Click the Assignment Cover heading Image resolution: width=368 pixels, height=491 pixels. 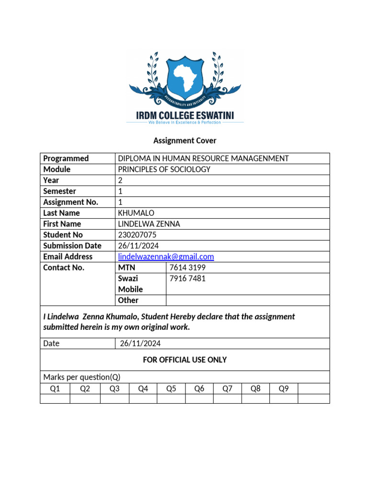point(184,140)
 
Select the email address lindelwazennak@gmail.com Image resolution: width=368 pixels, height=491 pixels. point(166,257)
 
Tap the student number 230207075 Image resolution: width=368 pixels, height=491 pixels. point(137,234)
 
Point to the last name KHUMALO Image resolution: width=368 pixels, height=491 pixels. point(136,213)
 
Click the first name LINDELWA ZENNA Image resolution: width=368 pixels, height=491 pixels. point(149,224)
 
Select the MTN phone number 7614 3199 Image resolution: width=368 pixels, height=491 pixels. point(188,268)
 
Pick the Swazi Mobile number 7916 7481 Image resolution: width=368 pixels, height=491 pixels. point(187,279)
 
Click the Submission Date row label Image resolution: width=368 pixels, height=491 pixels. point(72,245)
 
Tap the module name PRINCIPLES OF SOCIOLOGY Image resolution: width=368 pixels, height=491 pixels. point(164,169)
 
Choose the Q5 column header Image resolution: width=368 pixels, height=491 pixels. point(171,388)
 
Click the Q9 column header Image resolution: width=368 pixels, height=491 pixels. point(284,388)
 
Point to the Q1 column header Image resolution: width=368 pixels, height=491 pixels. point(55,388)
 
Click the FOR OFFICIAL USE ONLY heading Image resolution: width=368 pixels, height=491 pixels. point(184,360)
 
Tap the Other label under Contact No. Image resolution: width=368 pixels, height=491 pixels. point(128,300)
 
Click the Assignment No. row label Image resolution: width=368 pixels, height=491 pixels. point(70,202)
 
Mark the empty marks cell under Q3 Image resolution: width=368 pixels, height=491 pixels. point(115,398)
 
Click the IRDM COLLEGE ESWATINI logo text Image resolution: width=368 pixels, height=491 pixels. point(184,115)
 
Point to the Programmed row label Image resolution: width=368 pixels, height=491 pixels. point(66,158)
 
